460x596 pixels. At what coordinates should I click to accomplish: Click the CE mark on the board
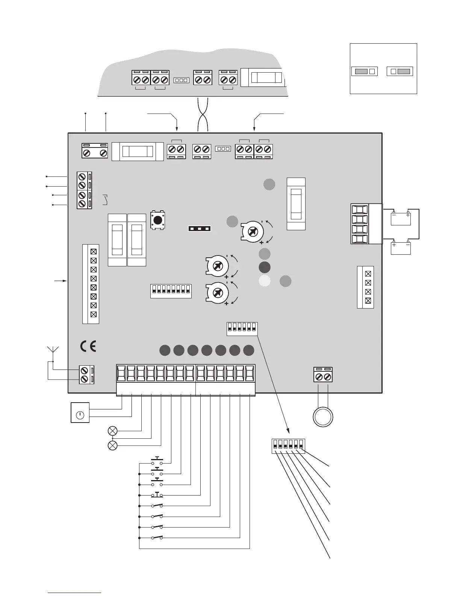88,346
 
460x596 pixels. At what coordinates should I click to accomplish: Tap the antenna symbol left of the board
53,350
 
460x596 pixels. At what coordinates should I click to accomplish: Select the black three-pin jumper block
200,228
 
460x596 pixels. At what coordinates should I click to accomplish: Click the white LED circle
265,281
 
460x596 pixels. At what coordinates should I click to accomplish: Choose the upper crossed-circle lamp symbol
113,431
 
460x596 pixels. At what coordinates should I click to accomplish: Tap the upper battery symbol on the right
401,219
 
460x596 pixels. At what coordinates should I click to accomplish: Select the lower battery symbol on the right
401,248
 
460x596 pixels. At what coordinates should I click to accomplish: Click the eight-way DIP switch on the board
171,291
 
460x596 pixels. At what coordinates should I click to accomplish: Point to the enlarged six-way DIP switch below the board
288,446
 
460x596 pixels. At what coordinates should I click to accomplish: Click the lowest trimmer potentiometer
217,293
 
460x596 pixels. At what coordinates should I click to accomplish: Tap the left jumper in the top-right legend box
364,71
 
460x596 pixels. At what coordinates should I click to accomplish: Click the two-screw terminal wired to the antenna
86,375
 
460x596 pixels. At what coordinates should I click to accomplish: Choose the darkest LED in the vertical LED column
265,267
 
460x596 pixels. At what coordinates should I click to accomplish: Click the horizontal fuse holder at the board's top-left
138,152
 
